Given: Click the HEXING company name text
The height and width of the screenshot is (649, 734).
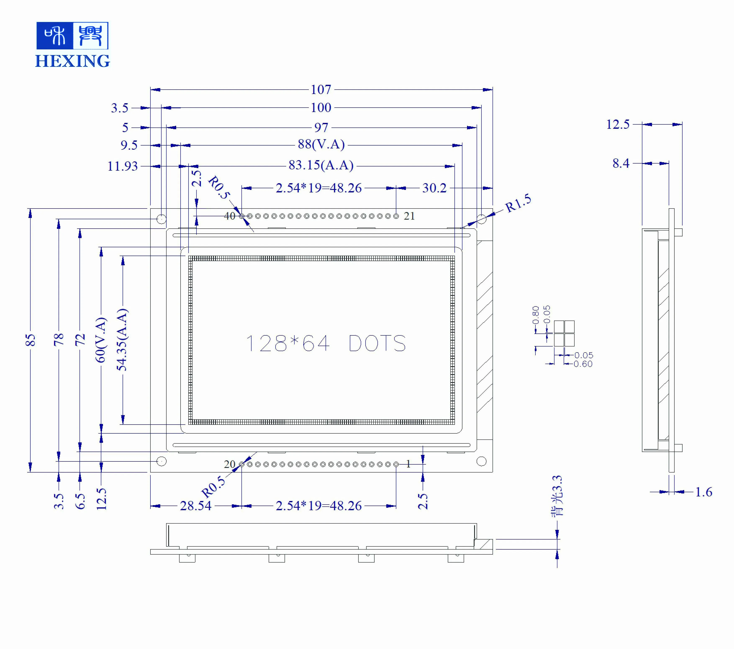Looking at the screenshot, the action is [x=73, y=61].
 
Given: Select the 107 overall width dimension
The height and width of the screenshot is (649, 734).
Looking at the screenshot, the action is [x=321, y=89].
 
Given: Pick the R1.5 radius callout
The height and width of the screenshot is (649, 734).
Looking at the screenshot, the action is [x=518, y=203].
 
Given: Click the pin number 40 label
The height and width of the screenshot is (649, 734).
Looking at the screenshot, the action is [x=230, y=216].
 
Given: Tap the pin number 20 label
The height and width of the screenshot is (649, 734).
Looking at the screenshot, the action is [x=230, y=464].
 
